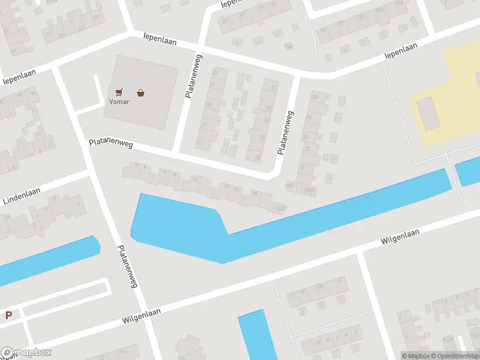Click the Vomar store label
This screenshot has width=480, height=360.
pos(118,101)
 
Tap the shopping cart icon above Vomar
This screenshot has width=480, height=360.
pos(119,92)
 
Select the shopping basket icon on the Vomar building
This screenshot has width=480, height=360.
pos(140,92)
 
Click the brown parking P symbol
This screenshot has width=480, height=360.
pos(8,315)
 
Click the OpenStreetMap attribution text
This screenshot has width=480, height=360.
pos(454,356)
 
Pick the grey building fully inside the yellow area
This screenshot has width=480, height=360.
pos(428,113)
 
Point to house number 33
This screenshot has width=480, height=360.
pos(258,158)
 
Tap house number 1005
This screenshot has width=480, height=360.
pos(309,190)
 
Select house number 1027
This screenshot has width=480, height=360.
pos(281,208)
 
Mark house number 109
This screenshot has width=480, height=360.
pos(361,17)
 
